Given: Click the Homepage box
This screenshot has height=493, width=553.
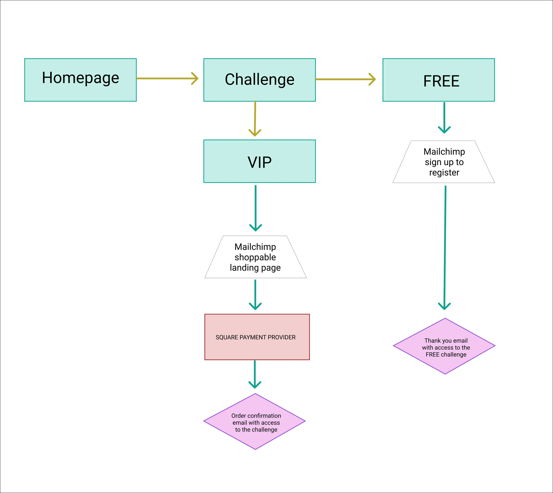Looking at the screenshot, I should [x=81, y=80].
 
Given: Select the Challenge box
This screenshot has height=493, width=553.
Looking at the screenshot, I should [x=259, y=80].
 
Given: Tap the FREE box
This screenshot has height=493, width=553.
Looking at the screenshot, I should [x=439, y=80].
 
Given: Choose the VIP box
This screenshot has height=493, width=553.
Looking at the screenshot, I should [x=259, y=161].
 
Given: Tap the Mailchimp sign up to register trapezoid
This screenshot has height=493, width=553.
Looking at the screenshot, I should [x=444, y=162].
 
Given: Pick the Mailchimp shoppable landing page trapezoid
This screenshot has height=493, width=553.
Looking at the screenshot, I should [x=255, y=257].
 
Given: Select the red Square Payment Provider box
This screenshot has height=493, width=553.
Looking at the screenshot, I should [x=257, y=337].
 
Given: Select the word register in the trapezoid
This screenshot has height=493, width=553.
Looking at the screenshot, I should [x=444, y=173].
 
